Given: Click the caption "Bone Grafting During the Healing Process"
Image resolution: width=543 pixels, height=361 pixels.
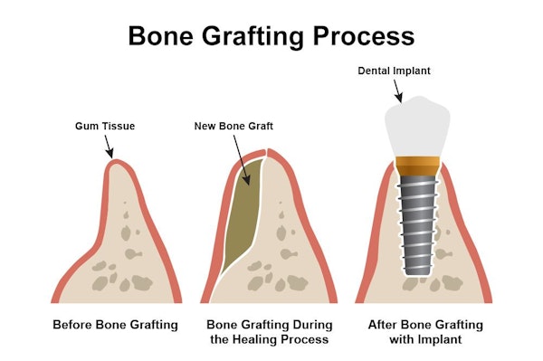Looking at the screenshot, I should pyautogui.click(x=270, y=332).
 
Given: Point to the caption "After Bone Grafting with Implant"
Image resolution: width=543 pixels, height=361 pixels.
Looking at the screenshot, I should pyautogui.click(x=420, y=332).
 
